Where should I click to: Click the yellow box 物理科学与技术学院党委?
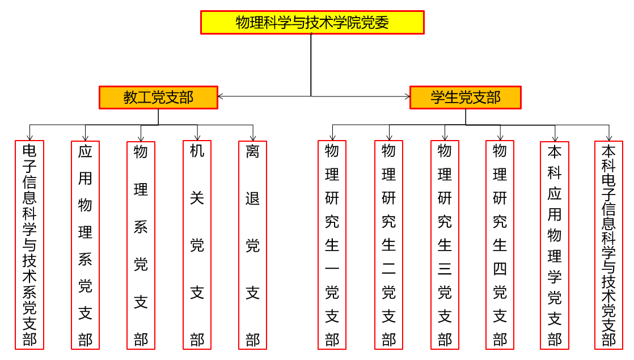tap(312, 22)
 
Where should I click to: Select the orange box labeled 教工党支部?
tap(158, 97)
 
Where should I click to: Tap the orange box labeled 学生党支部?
tap(465, 97)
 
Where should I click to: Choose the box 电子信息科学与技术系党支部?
tap(29, 244)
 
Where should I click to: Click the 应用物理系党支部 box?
tap(85, 244)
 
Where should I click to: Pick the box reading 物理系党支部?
tap(141, 244)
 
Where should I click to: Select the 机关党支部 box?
tap(197, 244)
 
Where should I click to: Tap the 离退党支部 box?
tap(252, 244)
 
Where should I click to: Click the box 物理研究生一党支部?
tap(332, 244)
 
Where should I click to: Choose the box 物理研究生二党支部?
tap(388, 244)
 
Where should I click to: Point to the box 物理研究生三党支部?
tap(445, 244)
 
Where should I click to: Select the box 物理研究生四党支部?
tap(500, 244)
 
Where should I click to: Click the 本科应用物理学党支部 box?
tap(555, 244)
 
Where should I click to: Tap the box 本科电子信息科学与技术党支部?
tap(609, 244)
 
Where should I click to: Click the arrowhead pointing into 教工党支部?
tap(221, 96)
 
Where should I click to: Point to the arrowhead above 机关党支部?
tap(197, 137)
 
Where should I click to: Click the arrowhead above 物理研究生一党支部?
tap(332, 137)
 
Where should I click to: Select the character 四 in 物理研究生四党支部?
tap(500, 269)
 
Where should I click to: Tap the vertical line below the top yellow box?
tap(311, 62)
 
